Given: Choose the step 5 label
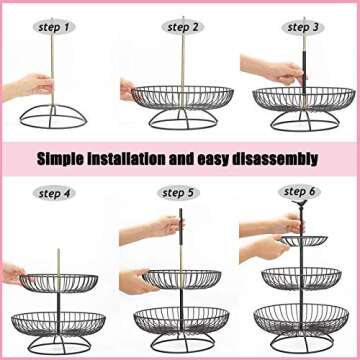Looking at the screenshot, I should [x=180, y=192].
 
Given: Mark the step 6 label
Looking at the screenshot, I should [x=299, y=190].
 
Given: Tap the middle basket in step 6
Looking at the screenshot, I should [x=302, y=277].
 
